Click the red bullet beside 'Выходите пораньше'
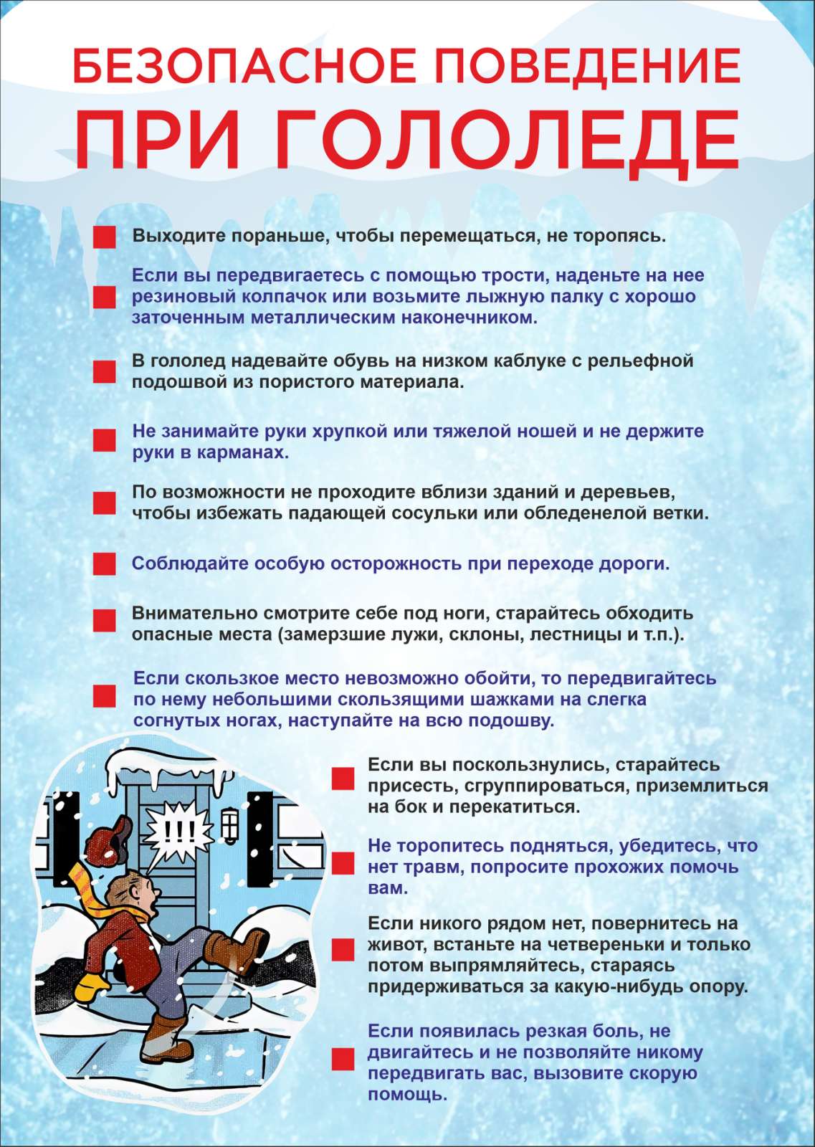tap(105, 237)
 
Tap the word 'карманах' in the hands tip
tap(239, 453)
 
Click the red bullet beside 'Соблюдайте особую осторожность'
tap(105, 563)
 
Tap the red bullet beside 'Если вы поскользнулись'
tap(343, 779)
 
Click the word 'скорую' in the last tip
tap(662, 1074)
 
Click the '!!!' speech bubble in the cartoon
tap(178, 832)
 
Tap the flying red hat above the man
tap(109, 839)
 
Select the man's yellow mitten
tap(91, 986)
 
